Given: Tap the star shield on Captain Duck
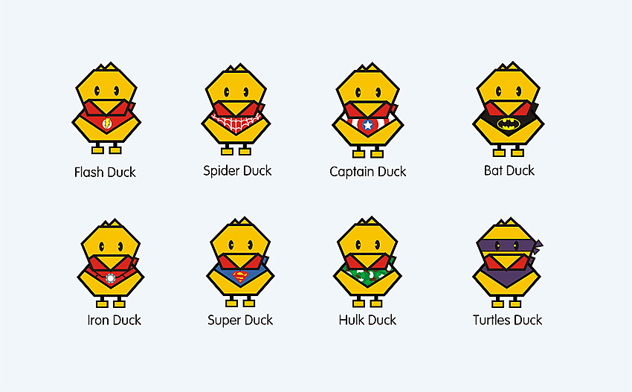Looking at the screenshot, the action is coord(367,126).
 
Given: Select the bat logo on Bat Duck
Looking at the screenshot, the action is coord(508,121).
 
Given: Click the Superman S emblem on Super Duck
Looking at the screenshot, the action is coord(239,277).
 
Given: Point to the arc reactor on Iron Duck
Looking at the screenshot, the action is coord(111,280).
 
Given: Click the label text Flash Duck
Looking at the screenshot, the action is coord(105,172).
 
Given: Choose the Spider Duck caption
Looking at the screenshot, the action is coord(237,170).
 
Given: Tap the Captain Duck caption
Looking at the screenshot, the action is coord(367,171).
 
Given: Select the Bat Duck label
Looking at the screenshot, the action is coord(509,170).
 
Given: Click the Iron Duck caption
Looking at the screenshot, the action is coord(114,320).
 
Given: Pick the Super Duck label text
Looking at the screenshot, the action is coord(239,320).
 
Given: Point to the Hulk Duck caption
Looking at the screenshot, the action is coord(367,320).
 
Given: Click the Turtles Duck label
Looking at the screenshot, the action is coord(507,320).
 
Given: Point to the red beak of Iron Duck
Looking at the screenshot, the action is coord(111,263).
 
